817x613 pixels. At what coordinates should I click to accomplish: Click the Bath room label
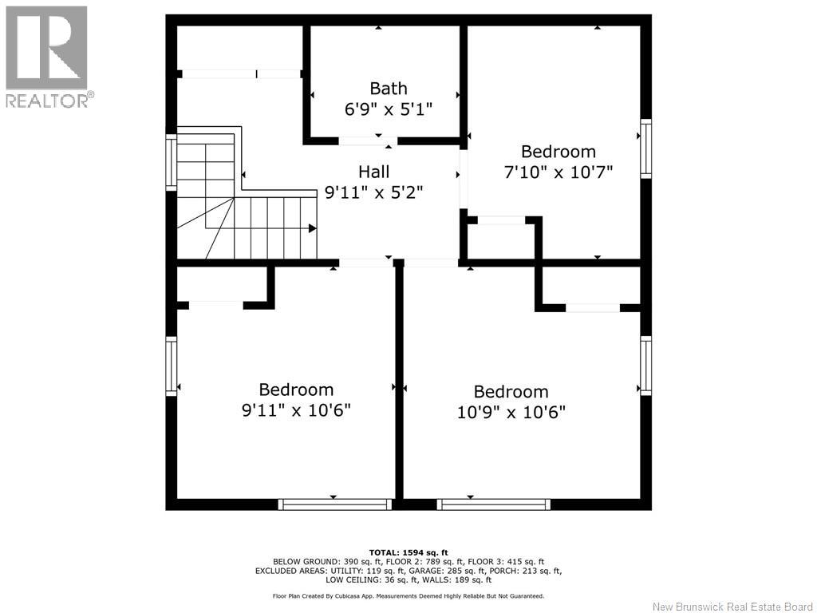pyautogui.click(x=389, y=88)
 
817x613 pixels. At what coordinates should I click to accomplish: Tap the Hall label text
pyautogui.click(x=373, y=172)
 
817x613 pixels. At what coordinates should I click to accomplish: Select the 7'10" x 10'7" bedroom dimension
pyautogui.click(x=558, y=172)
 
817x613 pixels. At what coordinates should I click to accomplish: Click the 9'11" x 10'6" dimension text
pyautogui.click(x=296, y=410)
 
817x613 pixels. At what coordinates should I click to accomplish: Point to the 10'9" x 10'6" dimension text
pyautogui.click(x=511, y=413)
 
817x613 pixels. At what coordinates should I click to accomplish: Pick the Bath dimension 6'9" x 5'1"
pyautogui.click(x=389, y=109)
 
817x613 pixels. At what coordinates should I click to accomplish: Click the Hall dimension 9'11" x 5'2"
pyautogui.click(x=373, y=193)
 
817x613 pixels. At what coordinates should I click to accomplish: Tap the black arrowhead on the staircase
pyautogui.click(x=312, y=228)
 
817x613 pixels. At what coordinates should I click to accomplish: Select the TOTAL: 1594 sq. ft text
pyautogui.click(x=408, y=552)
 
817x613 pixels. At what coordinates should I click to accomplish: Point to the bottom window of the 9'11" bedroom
pyautogui.click(x=334, y=504)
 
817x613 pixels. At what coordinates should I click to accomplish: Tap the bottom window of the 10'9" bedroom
pyautogui.click(x=493, y=504)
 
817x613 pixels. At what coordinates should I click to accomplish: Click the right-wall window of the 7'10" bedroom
pyautogui.click(x=645, y=148)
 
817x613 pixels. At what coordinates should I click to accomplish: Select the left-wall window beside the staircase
pyautogui.click(x=172, y=162)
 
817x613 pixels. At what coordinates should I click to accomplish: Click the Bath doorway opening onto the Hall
pyautogui.click(x=368, y=140)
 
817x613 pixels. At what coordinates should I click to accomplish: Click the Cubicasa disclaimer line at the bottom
pyautogui.click(x=408, y=595)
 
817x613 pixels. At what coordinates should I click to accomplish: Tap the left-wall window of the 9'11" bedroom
pyautogui.click(x=172, y=366)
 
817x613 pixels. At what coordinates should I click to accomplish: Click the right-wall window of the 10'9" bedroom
pyautogui.click(x=645, y=366)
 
